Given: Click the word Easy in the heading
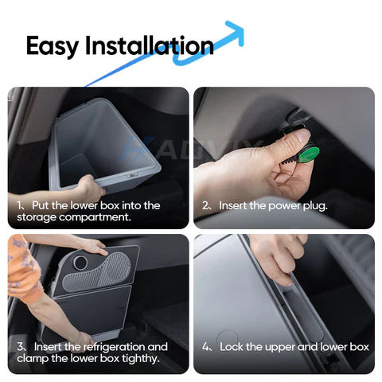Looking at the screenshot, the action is [x=53, y=46].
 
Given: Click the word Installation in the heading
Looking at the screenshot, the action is [x=150, y=45].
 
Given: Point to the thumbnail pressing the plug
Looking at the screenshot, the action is [x=302, y=134].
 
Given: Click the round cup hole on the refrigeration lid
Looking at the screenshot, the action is [x=80, y=263].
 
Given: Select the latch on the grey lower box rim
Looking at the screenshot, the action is [x=131, y=175].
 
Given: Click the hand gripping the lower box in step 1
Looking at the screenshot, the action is [x=90, y=187].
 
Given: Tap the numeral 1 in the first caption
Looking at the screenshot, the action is [x=19, y=205].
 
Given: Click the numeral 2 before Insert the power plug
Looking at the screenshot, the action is [x=205, y=205].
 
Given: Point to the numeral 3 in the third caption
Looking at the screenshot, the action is [x=20, y=347].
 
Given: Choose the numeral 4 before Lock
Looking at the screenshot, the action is [x=206, y=347].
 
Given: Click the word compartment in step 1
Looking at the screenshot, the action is [x=95, y=217].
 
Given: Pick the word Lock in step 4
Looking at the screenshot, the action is [x=231, y=347].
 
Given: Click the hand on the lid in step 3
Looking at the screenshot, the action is [x=93, y=246].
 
